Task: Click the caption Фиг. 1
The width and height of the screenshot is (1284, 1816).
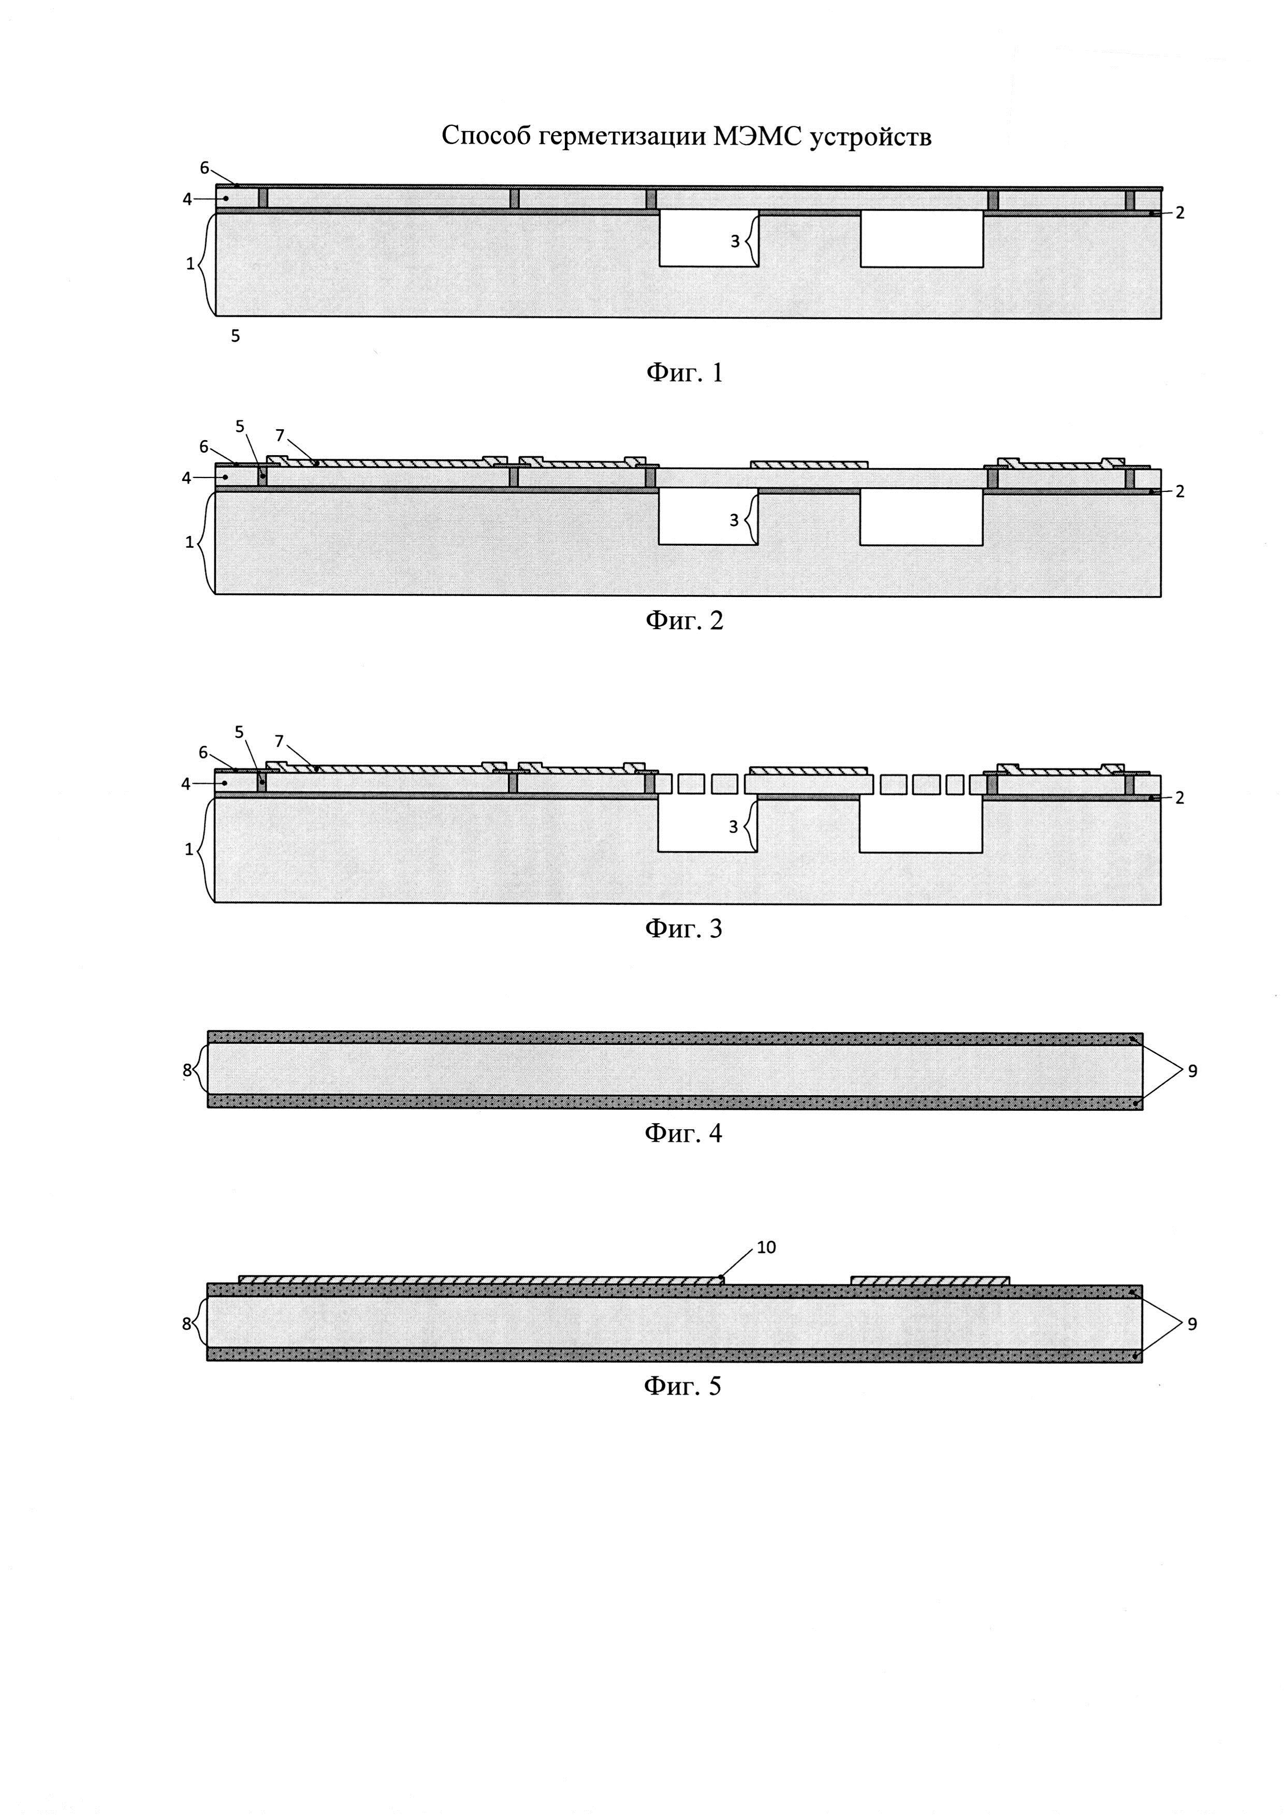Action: pyautogui.click(x=684, y=372)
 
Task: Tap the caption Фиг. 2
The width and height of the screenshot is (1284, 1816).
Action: pyautogui.click(x=684, y=620)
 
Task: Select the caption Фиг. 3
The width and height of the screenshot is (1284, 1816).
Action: pyautogui.click(x=684, y=928)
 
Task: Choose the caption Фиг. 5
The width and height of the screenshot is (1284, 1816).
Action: pyautogui.click(x=683, y=1386)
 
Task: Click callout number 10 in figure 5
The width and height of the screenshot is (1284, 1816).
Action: pyautogui.click(x=766, y=1247)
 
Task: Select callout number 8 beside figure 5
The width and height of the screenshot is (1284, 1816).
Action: pyautogui.click(x=186, y=1323)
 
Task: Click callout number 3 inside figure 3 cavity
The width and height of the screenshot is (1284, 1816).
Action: pyautogui.click(x=733, y=826)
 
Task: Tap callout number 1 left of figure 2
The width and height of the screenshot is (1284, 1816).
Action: pyautogui.click(x=189, y=543)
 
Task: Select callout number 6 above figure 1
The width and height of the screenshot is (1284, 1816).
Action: pyautogui.click(x=204, y=168)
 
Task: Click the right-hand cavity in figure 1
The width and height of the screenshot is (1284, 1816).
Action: pyautogui.click(x=922, y=239)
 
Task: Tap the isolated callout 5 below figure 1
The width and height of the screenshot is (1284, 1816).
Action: pyautogui.click(x=235, y=336)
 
